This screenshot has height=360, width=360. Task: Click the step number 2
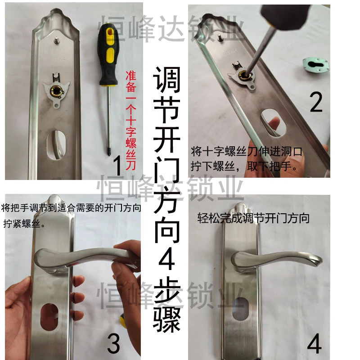point(316,102)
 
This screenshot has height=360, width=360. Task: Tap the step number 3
point(113,344)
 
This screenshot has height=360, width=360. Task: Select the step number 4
point(314,346)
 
